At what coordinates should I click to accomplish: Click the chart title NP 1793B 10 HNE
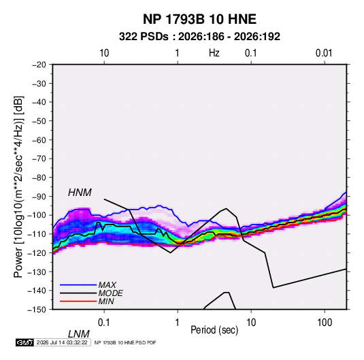(199, 19)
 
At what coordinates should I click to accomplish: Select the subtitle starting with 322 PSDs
(199, 37)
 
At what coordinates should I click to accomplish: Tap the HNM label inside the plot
(80, 193)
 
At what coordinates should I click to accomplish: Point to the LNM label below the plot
(78, 334)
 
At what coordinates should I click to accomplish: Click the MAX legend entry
(107, 284)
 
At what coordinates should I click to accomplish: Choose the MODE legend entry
(110, 293)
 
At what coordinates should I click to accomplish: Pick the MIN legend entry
(106, 301)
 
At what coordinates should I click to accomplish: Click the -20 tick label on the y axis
(39, 65)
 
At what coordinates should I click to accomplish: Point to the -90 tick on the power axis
(39, 196)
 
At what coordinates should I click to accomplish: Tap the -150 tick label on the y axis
(37, 310)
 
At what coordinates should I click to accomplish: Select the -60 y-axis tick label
(39, 140)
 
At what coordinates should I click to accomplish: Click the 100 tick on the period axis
(325, 322)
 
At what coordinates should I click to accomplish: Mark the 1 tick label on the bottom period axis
(178, 322)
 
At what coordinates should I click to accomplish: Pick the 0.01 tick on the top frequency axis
(324, 53)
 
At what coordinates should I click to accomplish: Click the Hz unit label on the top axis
(214, 53)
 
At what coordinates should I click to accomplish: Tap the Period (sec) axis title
(214, 330)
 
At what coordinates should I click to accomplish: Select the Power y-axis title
(18, 187)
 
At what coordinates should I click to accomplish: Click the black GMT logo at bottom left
(24, 342)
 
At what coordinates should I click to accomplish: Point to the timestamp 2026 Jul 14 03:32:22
(62, 342)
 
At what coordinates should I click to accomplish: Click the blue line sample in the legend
(78, 285)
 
